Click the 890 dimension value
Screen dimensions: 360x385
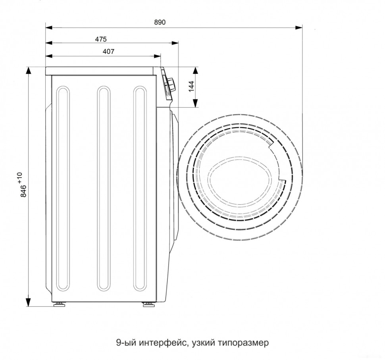tap(160, 23)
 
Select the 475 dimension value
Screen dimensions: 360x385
tap(101, 39)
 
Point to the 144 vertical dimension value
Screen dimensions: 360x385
tap(191, 87)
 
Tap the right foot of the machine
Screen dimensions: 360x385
tap(148, 305)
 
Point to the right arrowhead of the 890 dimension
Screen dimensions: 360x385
tap(300, 27)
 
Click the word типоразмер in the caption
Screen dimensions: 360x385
tap(243, 343)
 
